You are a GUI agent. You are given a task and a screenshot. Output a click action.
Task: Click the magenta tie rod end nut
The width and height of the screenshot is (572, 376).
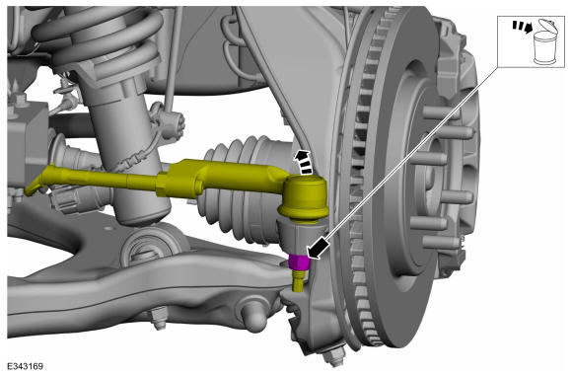(299, 262)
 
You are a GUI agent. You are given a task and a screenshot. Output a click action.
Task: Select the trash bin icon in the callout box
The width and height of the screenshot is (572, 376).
(544, 43)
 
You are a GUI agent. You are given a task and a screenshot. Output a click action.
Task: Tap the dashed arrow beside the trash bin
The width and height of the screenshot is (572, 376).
(522, 27)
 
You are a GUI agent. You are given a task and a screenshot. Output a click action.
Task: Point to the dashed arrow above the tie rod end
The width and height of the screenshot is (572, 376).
(303, 161)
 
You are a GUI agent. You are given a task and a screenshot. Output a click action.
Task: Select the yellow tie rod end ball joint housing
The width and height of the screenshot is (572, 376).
(304, 197)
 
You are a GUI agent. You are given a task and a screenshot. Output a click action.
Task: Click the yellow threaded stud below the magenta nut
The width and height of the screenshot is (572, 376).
(299, 280)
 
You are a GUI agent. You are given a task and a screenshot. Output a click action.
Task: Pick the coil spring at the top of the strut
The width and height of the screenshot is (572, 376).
(99, 37)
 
